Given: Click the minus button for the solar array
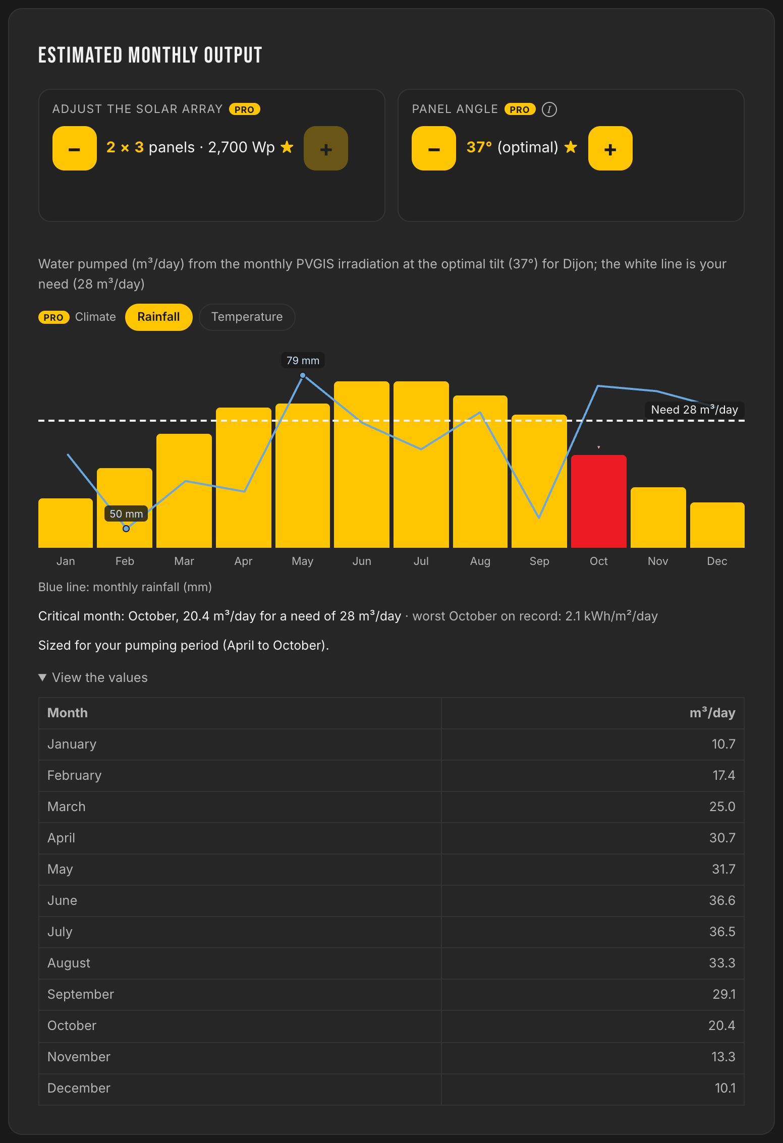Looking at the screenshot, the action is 75,148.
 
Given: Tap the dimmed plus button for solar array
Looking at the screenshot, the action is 326,148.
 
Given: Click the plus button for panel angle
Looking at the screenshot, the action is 610,148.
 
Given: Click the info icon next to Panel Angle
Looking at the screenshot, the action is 549,109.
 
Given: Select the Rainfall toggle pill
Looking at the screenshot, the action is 159,317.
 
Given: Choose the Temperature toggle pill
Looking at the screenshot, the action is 247,317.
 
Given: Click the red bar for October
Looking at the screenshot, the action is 599,501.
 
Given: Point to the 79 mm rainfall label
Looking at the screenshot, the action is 303,361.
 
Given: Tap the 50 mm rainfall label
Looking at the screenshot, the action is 126,513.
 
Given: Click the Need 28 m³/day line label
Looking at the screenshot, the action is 695,410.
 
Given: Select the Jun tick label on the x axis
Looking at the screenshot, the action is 362,561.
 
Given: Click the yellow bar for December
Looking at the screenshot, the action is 717,525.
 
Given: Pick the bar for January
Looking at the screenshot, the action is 66,523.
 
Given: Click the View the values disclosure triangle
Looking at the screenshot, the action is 42,677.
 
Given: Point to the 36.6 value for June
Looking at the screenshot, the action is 722,901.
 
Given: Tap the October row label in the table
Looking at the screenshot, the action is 72,1026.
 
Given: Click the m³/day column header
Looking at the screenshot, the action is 712,713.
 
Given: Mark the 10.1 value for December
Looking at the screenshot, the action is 725,1089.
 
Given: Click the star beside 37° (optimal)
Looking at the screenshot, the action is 571,147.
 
